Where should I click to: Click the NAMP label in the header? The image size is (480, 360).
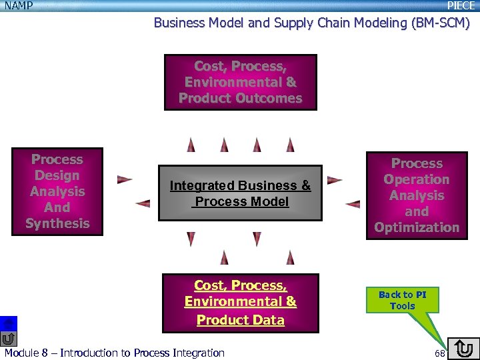(19, 5)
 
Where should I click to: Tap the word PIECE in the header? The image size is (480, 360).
(461, 5)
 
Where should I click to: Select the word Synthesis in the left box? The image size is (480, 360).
(57, 223)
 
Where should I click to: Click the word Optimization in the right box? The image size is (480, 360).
(417, 227)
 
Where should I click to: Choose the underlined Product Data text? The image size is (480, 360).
(241, 320)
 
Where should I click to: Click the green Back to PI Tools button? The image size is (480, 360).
(402, 300)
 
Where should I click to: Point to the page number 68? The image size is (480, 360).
(440, 352)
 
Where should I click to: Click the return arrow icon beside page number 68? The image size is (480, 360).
(464, 349)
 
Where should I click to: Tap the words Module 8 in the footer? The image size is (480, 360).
(26, 353)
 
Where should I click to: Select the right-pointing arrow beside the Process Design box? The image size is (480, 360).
(125, 179)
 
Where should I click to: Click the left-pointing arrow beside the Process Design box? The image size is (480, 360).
(142, 203)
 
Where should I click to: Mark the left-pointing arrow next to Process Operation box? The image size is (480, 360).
(353, 203)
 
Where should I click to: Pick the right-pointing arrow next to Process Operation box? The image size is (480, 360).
(335, 180)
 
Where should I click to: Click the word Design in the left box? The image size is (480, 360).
(57, 175)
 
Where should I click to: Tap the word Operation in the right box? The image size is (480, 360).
(417, 179)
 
